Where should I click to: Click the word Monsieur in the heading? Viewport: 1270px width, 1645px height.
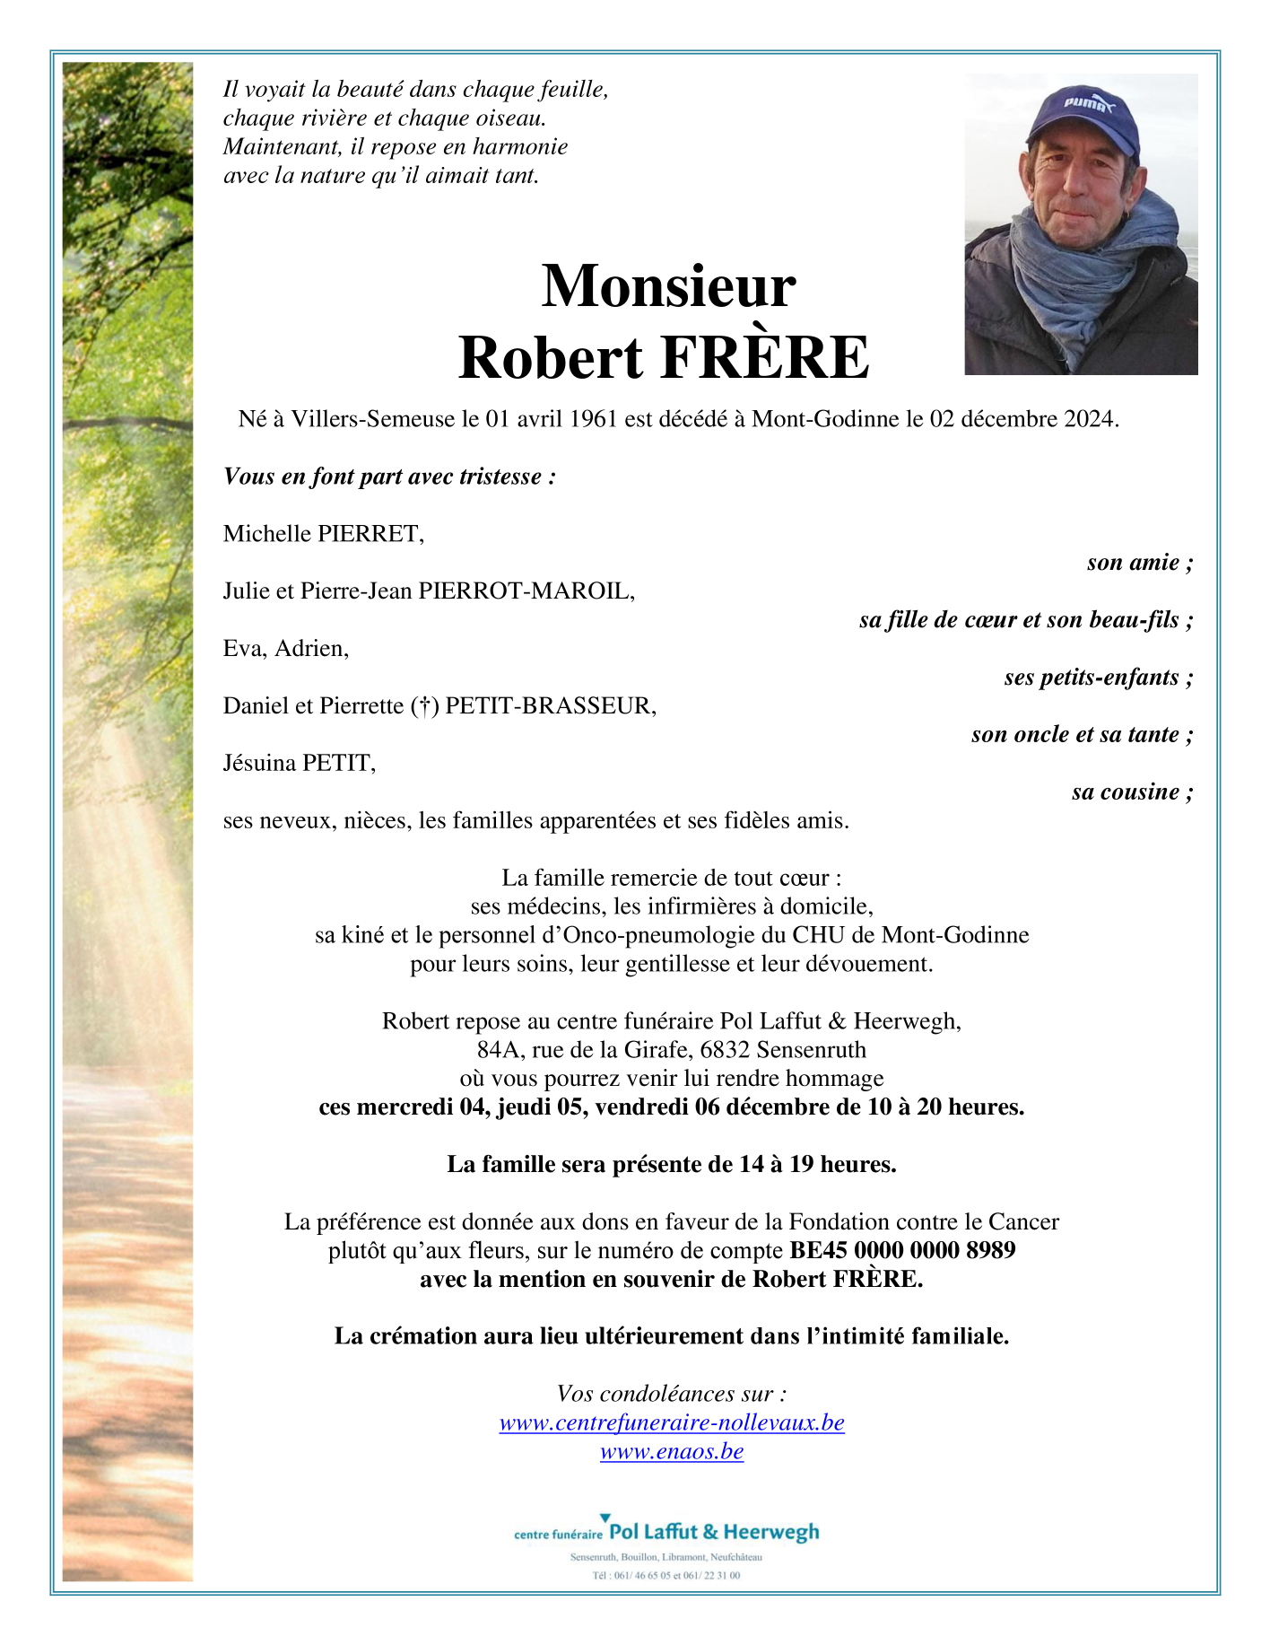(x=668, y=286)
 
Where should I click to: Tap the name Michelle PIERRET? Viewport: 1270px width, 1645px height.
(x=324, y=534)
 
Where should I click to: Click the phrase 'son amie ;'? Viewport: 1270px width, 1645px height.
(x=1139, y=563)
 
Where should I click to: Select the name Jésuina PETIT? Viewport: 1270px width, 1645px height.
(x=300, y=763)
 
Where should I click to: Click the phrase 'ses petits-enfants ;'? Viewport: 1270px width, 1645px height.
(x=1098, y=678)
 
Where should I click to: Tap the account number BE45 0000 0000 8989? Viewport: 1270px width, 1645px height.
(x=902, y=1250)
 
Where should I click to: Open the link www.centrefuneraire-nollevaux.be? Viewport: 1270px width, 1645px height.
(x=672, y=1422)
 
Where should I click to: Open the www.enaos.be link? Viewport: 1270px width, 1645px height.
(x=672, y=1451)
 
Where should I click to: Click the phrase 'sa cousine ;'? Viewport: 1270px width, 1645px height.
(x=1132, y=792)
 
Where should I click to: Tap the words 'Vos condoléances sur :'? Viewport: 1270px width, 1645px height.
(x=672, y=1394)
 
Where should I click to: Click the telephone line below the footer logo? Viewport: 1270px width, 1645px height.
(x=666, y=1575)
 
